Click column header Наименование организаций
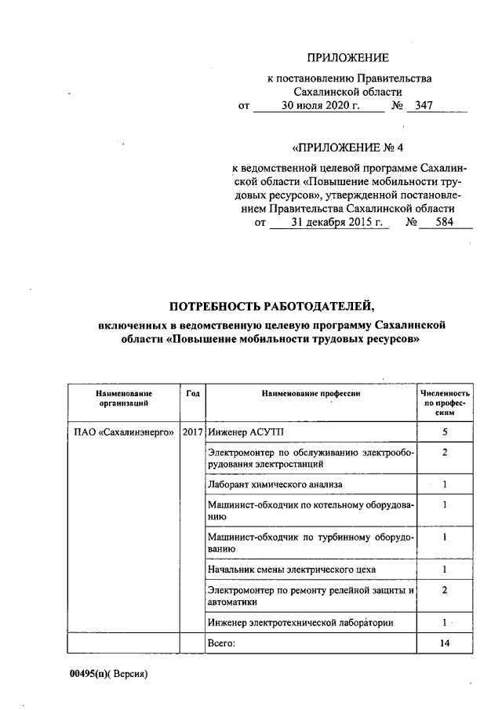click(x=124, y=397)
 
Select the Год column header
click(x=193, y=392)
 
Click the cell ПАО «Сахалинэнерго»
click(x=118, y=432)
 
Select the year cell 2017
click(x=193, y=432)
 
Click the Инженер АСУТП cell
click(x=238, y=432)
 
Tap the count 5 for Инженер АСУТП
click(x=445, y=432)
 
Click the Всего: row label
click(x=220, y=643)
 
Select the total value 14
click(x=445, y=643)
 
